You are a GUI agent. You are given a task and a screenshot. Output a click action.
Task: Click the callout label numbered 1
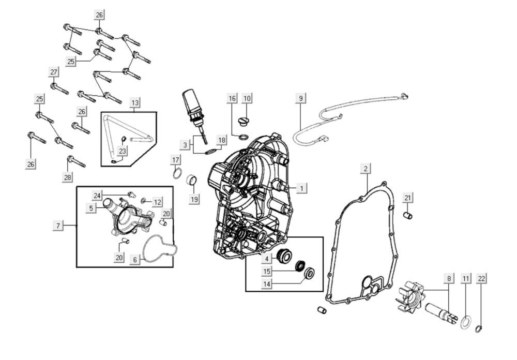(301, 188)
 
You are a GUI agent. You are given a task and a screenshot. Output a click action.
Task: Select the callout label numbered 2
(366, 169)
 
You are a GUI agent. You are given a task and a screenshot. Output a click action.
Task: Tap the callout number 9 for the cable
(300, 98)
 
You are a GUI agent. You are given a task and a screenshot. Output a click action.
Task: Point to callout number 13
(134, 102)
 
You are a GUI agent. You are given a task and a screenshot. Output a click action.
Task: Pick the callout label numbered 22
(482, 279)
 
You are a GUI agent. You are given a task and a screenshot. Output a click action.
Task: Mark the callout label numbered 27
(54, 71)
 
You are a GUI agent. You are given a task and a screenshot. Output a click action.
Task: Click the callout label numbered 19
(194, 200)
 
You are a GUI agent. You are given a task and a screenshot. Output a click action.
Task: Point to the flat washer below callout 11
(465, 321)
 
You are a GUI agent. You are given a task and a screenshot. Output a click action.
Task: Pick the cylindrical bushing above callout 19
(192, 180)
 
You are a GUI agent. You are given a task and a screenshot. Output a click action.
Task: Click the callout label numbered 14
(267, 284)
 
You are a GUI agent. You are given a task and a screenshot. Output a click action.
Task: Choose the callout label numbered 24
(97, 195)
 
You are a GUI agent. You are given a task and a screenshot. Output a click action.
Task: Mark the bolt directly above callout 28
(75, 161)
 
